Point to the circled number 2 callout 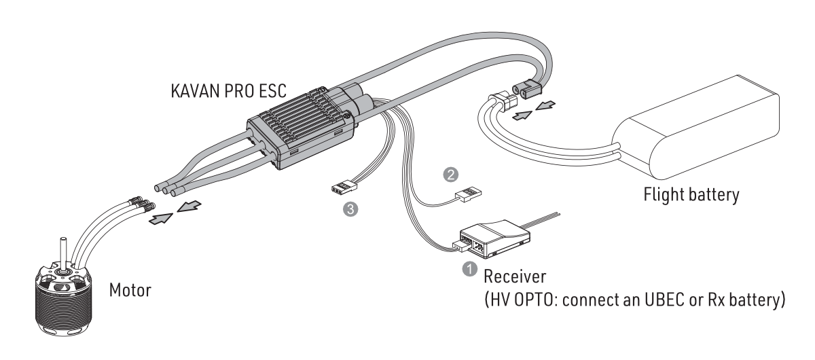pos(448,174)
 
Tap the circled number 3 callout pos(350,210)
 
